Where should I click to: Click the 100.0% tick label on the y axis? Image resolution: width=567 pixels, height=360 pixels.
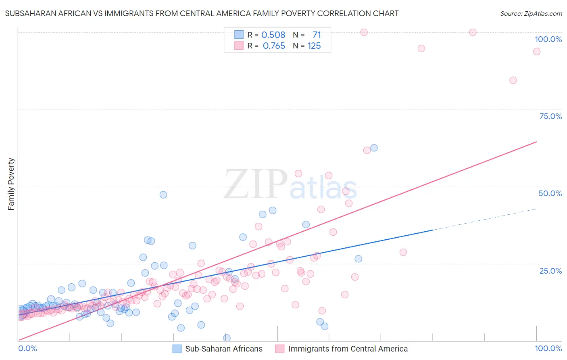click(548, 39)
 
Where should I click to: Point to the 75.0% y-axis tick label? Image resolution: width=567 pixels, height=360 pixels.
click(550, 116)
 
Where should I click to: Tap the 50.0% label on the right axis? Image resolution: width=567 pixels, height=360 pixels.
click(550, 193)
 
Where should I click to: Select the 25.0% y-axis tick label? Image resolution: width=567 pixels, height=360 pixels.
click(550, 271)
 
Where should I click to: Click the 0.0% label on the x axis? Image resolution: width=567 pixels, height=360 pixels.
click(27, 348)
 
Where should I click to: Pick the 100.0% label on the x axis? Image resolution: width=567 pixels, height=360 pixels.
click(548, 348)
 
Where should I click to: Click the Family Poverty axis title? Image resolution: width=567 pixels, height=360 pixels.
click(11, 184)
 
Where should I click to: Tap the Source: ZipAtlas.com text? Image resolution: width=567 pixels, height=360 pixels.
click(531, 14)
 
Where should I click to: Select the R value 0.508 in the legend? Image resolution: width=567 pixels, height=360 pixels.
click(273, 35)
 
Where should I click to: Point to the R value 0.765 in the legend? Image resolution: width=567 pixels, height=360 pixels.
click(274, 46)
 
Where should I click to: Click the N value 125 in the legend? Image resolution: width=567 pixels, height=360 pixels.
click(314, 46)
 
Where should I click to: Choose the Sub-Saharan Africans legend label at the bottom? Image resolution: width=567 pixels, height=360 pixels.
click(223, 349)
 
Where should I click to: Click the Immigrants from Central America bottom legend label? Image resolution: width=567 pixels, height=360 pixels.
click(348, 349)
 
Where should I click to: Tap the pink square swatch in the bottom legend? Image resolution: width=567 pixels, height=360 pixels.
click(279, 349)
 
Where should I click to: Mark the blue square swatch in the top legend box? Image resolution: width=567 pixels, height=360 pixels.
click(239, 35)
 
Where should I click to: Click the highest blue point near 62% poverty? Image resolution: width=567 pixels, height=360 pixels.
click(374, 148)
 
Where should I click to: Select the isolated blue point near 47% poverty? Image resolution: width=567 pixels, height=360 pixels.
click(163, 195)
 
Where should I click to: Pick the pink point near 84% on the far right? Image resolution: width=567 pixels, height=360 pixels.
click(513, 80)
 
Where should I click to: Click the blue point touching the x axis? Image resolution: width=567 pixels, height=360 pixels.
click(227, 338)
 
